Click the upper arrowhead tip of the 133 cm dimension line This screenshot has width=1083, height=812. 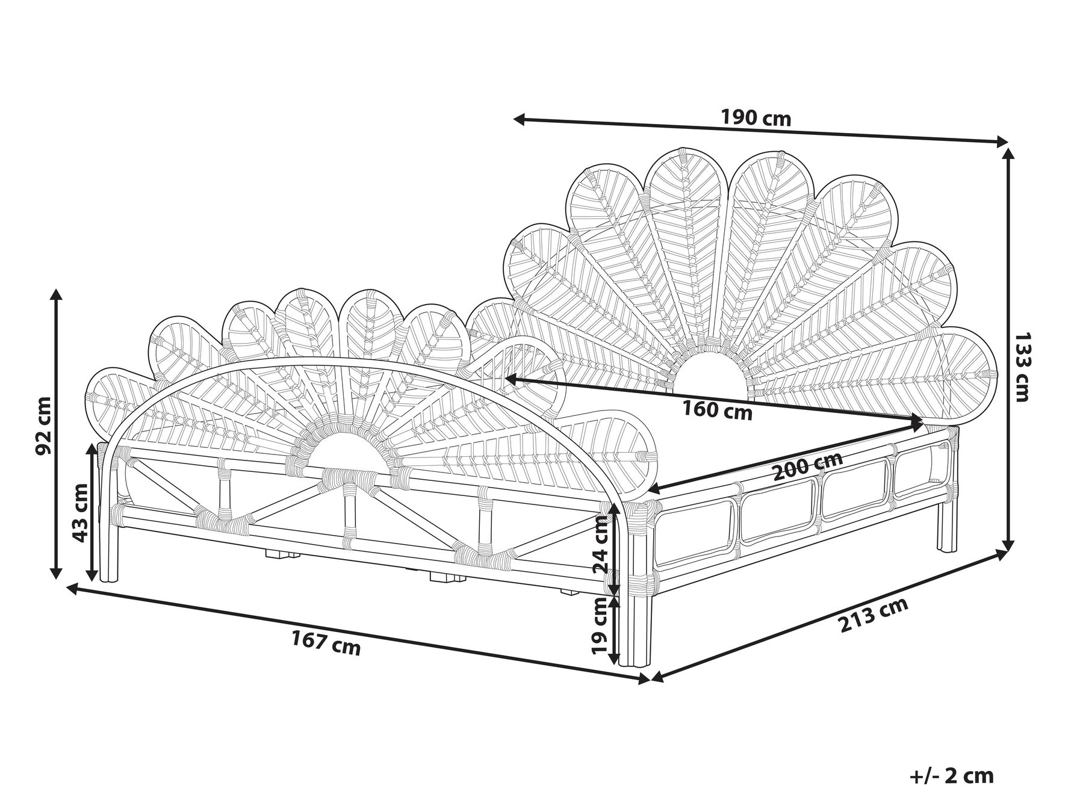(x=1008, y=149)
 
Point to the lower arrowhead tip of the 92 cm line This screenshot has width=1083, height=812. (x=56, y=579)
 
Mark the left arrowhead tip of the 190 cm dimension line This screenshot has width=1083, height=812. (x=514, y=118)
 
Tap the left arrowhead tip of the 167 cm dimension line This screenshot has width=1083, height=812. (x=66, y=588)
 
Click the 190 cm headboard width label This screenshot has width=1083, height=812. (x=756, y=118)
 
